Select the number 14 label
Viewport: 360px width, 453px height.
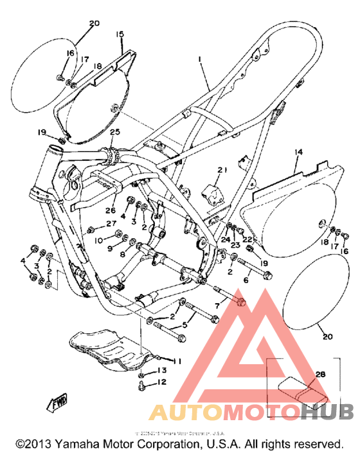tap(298, 153)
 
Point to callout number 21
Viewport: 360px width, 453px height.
tap(222, 170)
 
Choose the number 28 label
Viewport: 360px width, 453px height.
tap(320, 373)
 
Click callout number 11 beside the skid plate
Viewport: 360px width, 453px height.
tap(178, 360)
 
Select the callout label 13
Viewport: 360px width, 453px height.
tap(161, 371)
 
